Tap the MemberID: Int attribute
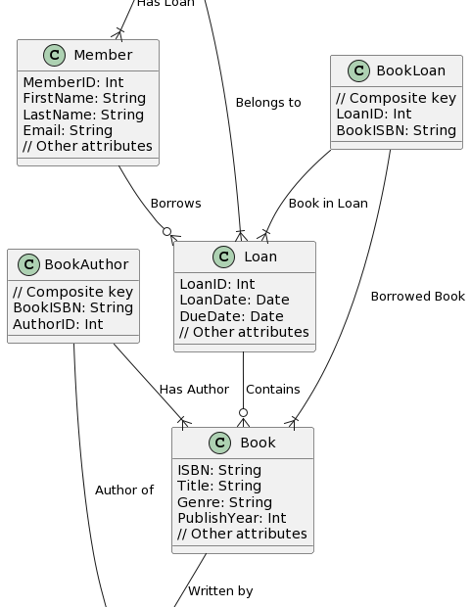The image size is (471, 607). coord(73,82)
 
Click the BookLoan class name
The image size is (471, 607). coord(410,70)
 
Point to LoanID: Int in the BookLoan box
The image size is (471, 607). coord(373,114)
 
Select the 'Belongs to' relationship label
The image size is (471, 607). coord(268,103)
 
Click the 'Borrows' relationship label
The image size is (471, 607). coord(175,204)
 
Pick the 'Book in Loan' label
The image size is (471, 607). coord(328,204)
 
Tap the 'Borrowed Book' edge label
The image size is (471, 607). coord(417,297)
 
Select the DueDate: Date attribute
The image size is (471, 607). coord(231,316)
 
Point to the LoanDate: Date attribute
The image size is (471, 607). coord(234,300)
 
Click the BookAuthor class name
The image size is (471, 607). coord(86,264)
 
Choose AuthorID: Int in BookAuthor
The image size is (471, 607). coord(58,324)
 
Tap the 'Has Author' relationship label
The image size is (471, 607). coord(194,390)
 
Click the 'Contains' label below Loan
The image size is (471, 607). coord(272,390)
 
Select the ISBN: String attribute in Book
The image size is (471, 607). coord(219,470)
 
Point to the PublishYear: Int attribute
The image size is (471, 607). coord(231,518)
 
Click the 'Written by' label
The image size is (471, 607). coord(220,591)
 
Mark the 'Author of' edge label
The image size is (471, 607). coord(123,490)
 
